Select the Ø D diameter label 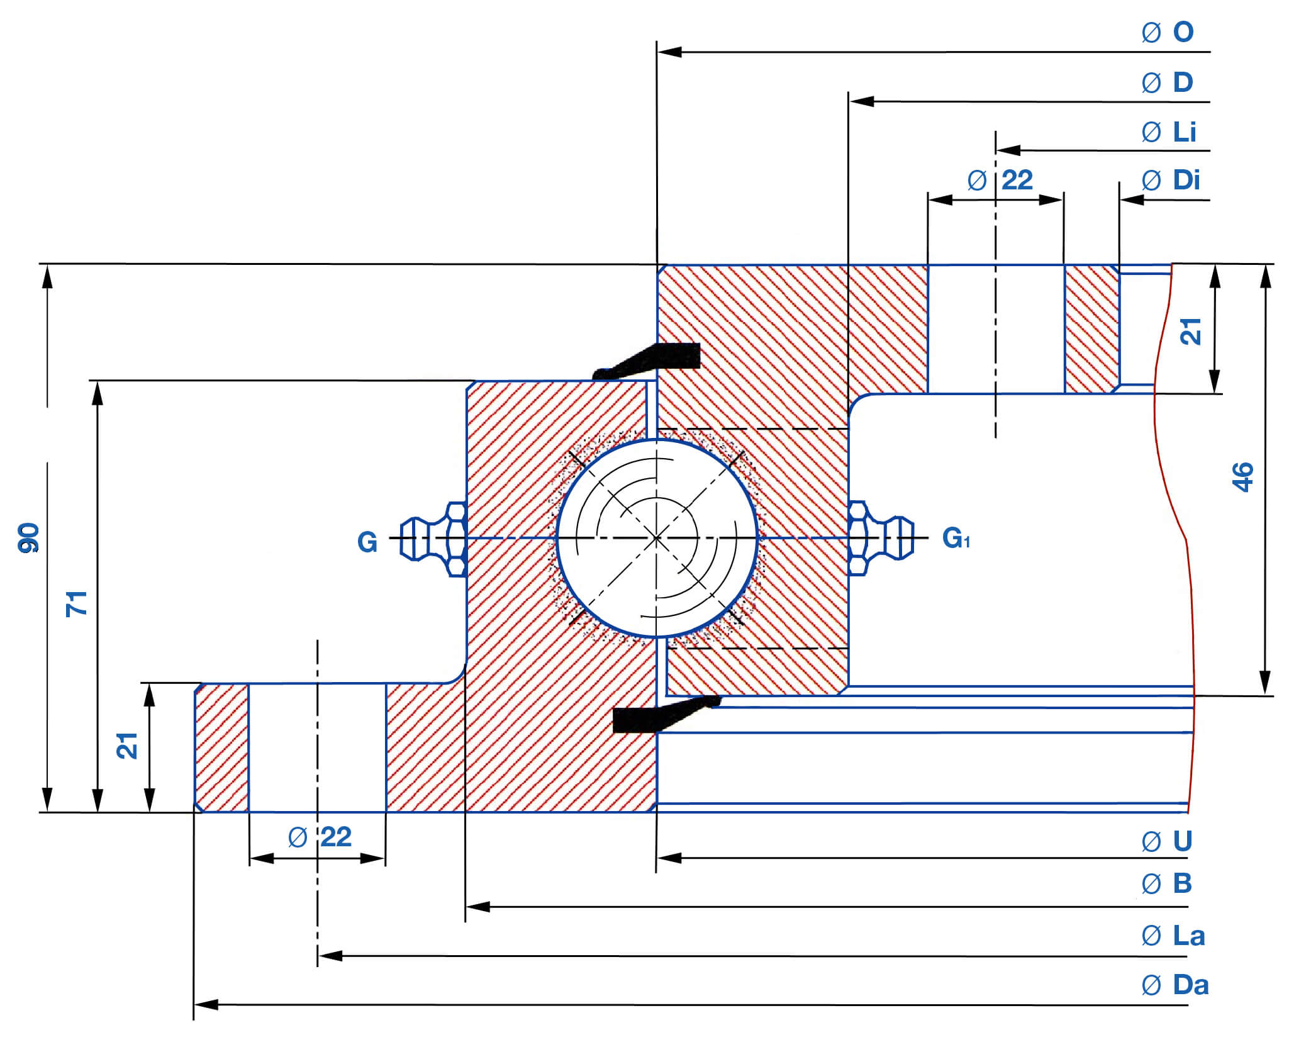(x=1168, y=82)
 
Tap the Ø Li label (x=1169, y=132)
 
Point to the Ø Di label (x=1170, y=181)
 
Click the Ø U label (x=1167, y=841)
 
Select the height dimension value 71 (x=77, y=604)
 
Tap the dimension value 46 (x=1242, y=477)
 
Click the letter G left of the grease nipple (x=367, y=542)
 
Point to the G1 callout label (x=956, y=538)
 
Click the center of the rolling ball (x=657, y=539)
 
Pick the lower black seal (x=661, y=715)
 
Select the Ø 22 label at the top (x=1000, y=181)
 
